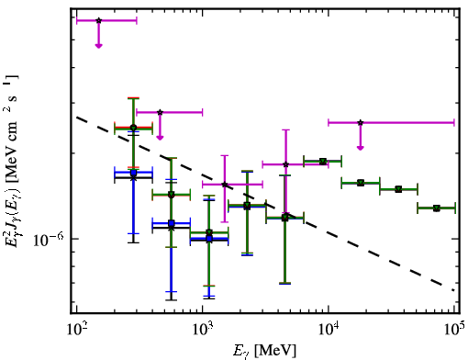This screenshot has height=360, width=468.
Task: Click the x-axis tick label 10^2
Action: pyautogui.click(x=77, y=330)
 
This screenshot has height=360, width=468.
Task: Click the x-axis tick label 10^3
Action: pyautogui.click(x=203, y=330)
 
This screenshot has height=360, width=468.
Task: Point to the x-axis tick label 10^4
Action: pyautogui.click(x=329, y=330)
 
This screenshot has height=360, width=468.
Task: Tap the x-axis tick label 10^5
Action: pyautogui.click(x=455, y=330)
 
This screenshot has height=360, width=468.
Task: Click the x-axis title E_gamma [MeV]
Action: pyautogui.click(x=265, y=351)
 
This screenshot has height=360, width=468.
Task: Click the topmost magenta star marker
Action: pyautogui.click(x=98, y=20)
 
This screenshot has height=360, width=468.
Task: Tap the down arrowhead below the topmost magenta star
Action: pyautogui.click(x=98, y=46)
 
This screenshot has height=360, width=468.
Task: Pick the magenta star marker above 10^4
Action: pyautogui.click(x=361, y=122)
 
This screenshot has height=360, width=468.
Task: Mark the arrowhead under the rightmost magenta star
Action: pyautogui.click(x=361, y=148)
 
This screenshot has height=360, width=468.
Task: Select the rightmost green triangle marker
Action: pyautogui.click(x=437, y=208)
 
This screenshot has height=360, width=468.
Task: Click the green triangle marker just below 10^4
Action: pyautogui.click(x=323, y=161)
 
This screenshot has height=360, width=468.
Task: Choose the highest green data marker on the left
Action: pyautogui.click(x=133, y=128)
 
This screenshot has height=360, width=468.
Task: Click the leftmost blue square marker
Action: pyautogui.click(x=133, y=173)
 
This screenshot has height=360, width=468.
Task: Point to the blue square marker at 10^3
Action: pyautogui.click(x=209, y=239)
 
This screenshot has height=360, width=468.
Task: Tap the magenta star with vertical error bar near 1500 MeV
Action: pyautogui.click(x=225, y=185)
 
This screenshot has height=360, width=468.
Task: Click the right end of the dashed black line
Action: pyautogui.click(x=453, y=290)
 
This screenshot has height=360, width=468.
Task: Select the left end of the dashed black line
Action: pyautogui.click(x=77, y=117)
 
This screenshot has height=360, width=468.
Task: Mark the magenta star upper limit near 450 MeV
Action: pyautogui.click(x=160, y=112)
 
